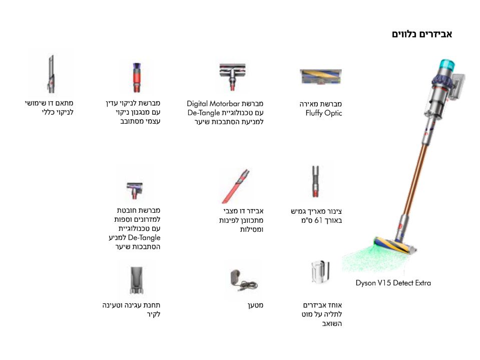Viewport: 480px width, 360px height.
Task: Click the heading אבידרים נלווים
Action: pos(422,34)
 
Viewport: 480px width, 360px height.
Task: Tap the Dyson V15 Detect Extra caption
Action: pos(393,283)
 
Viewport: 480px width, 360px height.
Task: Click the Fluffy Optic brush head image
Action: pos(320,77)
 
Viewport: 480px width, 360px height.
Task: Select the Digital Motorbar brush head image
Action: pos(233,77)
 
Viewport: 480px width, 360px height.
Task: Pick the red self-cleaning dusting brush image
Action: pos(137,77)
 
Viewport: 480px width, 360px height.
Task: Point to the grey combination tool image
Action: pos(51,74)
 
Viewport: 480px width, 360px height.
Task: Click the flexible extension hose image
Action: pos(315,181)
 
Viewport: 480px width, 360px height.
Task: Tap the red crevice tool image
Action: pos(236,186)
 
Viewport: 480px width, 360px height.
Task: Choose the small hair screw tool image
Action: pos(135,190)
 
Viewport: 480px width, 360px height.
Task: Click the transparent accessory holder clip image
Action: pos(320,272)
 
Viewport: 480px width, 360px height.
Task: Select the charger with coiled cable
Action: pos(243,280)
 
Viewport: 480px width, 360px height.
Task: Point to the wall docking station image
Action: pos(137,280)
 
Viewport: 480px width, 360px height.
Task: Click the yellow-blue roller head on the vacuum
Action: pos(394,245)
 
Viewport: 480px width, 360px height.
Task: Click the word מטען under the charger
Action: pos(255,305)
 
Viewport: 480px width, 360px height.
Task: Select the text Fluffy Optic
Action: pos(323,113)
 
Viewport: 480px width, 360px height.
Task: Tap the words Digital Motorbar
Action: pos(213,104)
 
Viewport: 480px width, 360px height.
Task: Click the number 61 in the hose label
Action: pos(318,220)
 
